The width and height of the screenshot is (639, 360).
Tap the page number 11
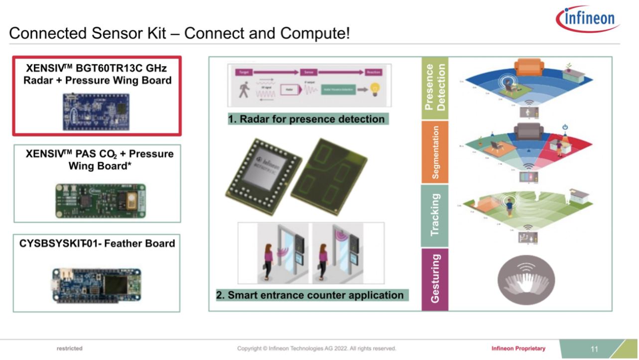tap(594, 349)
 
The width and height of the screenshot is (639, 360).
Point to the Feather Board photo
tap(96, 285)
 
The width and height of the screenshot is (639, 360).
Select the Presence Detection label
tap(434, 88)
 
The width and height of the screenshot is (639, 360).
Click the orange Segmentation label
tap(435, 152)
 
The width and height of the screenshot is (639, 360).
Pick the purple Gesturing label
tap(434, 278)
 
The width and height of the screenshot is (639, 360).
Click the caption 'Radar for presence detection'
tap(306, 120)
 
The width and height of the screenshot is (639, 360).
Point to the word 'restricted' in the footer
tap(70, 349)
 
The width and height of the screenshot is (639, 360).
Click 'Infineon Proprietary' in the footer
tap(518, 349)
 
